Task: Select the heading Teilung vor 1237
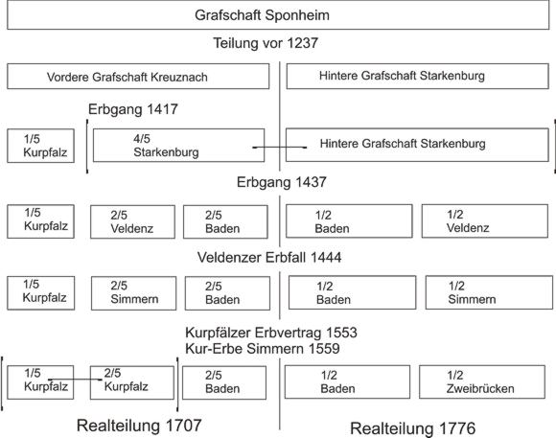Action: click(x=266, y=43)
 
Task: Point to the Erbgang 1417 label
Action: click(x=133, y=109)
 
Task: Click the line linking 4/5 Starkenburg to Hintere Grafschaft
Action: click(x=279, y=148)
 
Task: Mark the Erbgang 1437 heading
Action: click(x=281, y=182)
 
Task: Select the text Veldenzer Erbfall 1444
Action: click(x=269, y=258)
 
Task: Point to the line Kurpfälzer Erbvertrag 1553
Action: click(x=271, y=333)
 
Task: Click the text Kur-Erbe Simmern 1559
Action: click(x=263, y=349)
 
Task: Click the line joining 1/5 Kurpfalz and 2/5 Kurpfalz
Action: click(x=75, y=380)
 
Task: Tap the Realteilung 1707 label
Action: click(x=139, y=426)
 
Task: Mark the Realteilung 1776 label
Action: click(x=413, y=428)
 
